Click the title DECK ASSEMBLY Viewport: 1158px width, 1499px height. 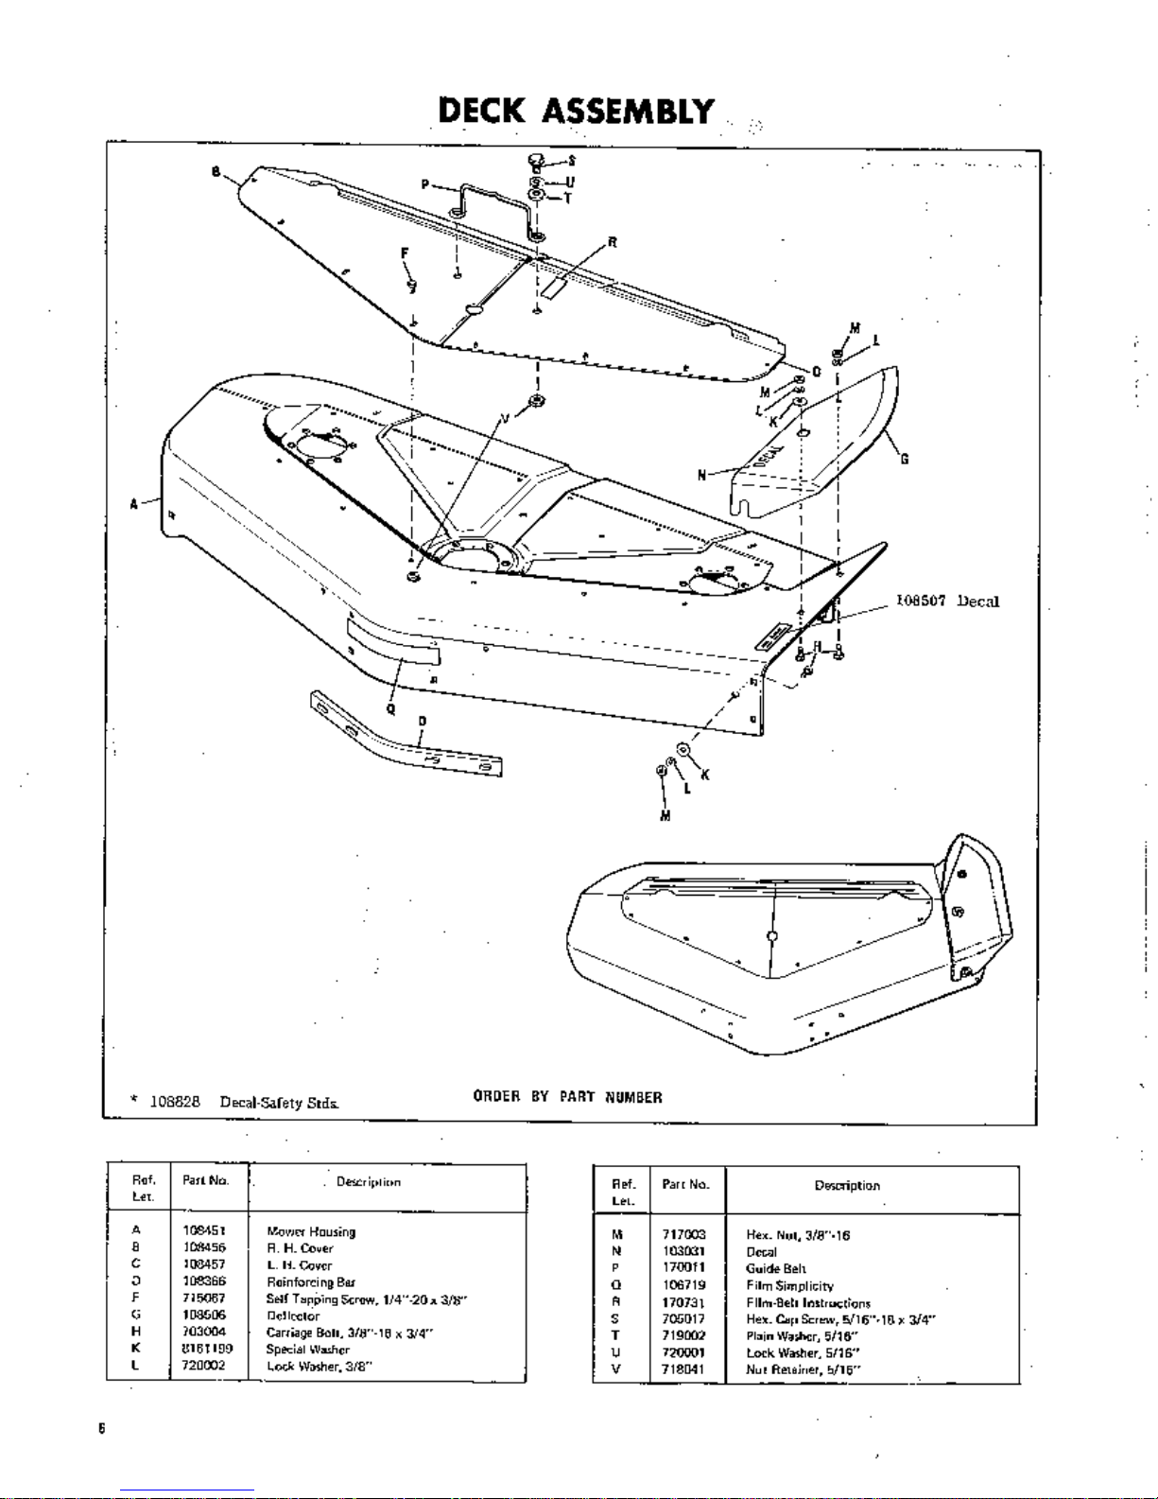tap(576, 112)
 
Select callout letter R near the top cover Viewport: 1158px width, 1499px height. tap(613, 242)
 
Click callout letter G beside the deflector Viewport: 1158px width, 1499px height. tap(905, 460)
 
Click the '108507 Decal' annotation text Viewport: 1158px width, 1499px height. tap(947, 601)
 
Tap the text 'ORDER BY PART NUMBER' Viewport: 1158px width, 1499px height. tap(567, 1097)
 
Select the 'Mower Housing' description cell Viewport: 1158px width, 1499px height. tap(311, 1231)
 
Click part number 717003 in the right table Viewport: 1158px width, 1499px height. tap(684, 1234)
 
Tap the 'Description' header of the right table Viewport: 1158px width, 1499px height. tap(847, 1185)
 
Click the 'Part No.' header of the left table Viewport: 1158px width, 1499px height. tap(206, 1180)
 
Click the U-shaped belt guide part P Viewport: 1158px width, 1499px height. tap(492, 200)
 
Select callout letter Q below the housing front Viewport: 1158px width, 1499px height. tap(390, 706)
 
